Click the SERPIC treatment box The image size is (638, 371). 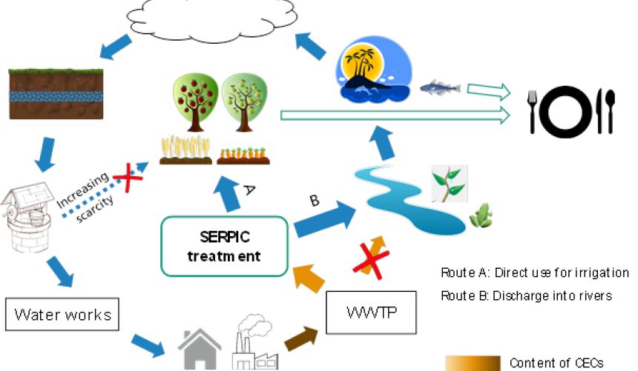click(x=225, y=246)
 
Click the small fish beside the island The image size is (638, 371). click(x=439, y=88)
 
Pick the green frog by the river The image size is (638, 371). click(x=481, y=215)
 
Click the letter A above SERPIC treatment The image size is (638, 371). click(x=250, y=190)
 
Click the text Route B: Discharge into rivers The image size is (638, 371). click(x=527, y=295)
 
